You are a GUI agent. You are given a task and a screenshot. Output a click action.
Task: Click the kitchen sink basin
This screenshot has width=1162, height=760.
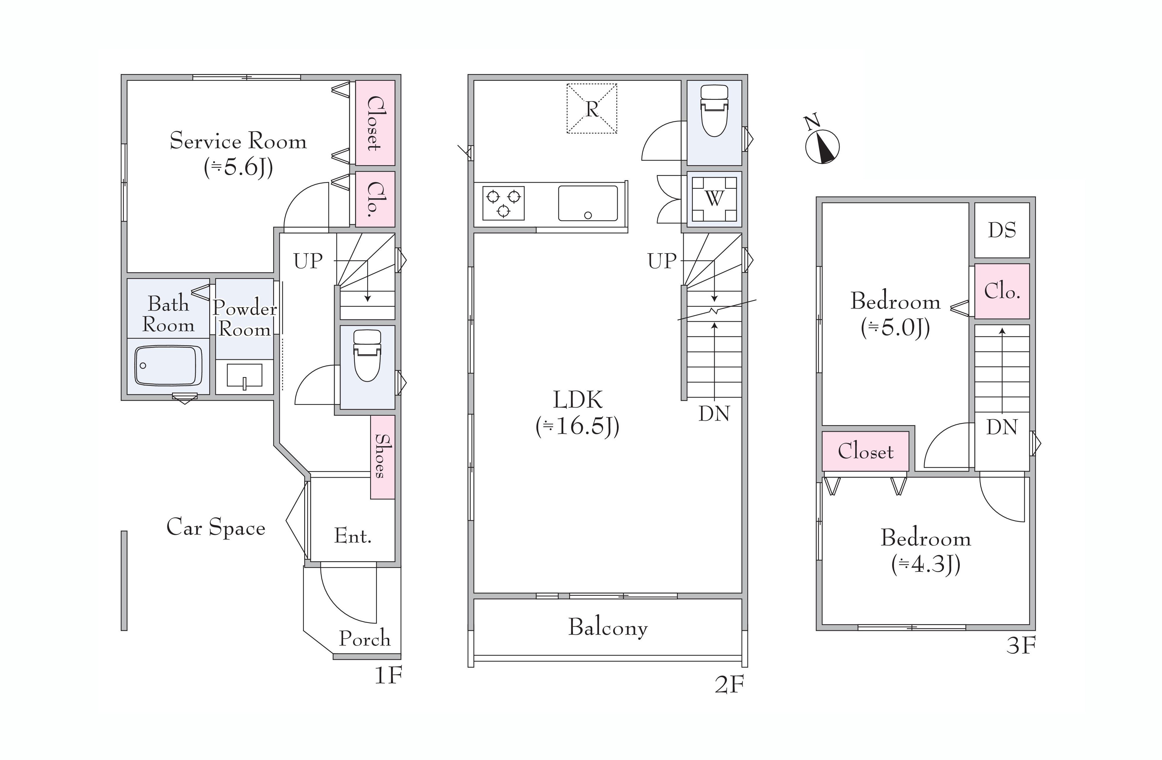tap(588, 203)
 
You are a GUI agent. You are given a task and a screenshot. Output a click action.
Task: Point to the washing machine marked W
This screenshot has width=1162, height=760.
tap(714, 198)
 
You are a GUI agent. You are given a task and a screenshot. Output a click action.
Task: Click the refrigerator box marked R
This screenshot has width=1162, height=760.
tap(592, 108)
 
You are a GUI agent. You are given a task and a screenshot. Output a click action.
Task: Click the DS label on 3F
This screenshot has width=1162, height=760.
tap(1002, 230)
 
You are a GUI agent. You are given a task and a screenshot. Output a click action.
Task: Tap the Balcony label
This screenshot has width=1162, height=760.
tap(608, 627)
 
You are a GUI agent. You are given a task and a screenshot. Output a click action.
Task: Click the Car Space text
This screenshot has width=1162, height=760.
tap(216, 527)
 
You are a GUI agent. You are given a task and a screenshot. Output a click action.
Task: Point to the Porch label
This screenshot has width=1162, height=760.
tap(365, 638)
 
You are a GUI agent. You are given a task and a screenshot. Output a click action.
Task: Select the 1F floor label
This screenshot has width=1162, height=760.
tap(388, 676)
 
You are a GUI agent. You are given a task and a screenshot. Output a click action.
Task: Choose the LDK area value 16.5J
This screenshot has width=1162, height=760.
tap(578, 426)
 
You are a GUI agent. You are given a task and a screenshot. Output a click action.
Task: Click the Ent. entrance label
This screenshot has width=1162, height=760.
tap(353, 536)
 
